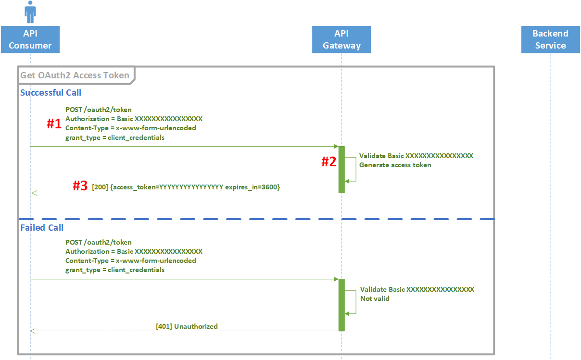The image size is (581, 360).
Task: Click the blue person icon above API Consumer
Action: point(30,12)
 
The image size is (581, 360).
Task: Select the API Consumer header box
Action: point(30,39)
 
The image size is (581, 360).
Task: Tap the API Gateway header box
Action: point(341,39)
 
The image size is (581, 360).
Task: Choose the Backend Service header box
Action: point(550,39)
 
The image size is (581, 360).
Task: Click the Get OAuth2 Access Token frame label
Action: point(75,75)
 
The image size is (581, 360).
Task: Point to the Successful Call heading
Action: point(51,93)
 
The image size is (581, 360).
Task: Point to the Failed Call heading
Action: point(42,227)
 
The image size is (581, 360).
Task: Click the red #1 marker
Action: point(54,124)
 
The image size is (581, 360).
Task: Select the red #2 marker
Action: point(328,162)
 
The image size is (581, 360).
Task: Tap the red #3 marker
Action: point(80,186)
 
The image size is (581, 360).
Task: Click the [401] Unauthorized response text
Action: point(187,326)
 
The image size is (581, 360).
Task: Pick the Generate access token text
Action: point(395,165)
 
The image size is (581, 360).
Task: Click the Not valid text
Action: point(375,298)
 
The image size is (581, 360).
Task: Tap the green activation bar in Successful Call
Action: point(341,169)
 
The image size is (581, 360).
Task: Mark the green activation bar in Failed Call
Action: point(341,305)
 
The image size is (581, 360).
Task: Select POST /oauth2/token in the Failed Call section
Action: point(98,242)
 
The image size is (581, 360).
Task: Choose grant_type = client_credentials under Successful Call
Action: point(115,137)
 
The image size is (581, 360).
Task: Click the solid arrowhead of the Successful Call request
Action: point(336,146)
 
